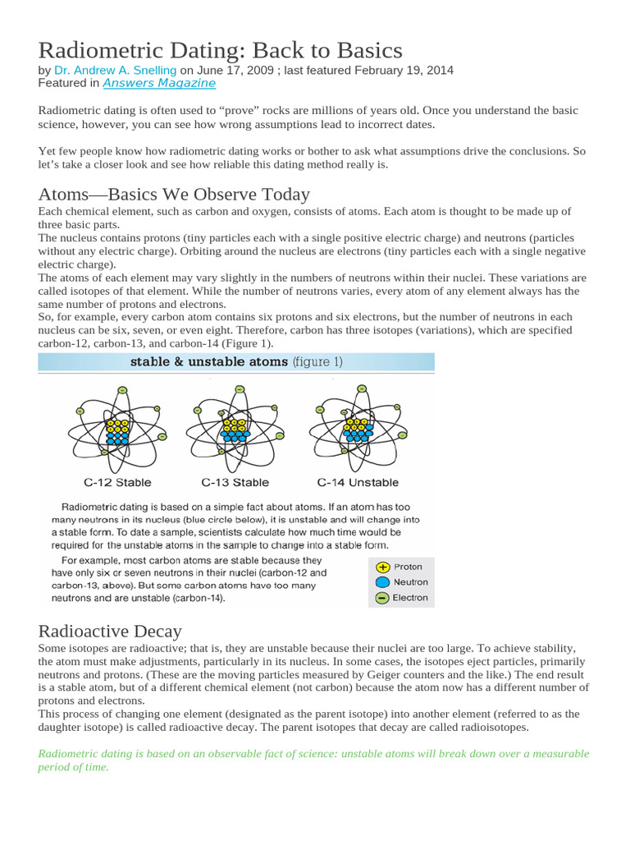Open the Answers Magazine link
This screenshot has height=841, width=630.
tap(159, 84)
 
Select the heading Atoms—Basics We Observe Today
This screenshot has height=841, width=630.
tap(174, 195)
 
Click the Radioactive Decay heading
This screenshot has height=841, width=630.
tap(110, 631)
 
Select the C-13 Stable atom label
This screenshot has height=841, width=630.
tap(235, 482)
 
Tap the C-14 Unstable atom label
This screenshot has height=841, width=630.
tap(358, 482)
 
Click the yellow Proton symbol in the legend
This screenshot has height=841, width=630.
tap(381, 567)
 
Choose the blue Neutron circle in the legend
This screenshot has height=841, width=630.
tap(381, 582)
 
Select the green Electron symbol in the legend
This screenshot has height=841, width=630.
tap(381, 598)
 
